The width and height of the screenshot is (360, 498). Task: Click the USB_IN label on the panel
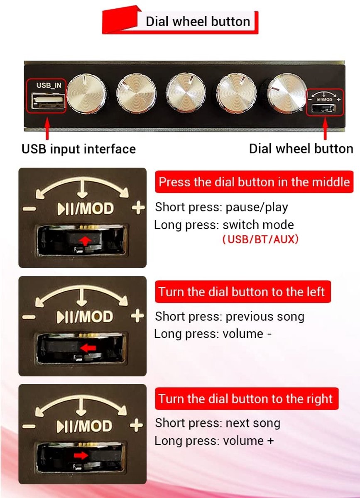coord(49,85)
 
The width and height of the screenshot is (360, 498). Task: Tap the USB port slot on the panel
coord(48,101)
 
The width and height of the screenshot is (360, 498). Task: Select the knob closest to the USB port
coord(86,94)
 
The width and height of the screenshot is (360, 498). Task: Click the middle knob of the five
coord(186,93)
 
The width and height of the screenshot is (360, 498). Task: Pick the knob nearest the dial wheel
coord(287,93)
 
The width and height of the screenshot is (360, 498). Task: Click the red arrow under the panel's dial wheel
coord(325,129)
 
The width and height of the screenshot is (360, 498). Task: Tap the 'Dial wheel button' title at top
coord(198,22)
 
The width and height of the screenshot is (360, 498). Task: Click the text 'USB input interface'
coord(78,149)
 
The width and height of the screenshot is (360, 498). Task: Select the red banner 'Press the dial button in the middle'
coord(254,182)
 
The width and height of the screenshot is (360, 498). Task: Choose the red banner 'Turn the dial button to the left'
coord(243,291)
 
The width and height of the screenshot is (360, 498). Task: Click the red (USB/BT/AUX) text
coord(260,239)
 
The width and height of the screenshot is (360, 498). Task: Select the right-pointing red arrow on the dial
coord(81,456)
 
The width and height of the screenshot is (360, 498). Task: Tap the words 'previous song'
coord(265,317)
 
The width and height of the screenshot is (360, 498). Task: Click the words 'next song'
coord(253,423)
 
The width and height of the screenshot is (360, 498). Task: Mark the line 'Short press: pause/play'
coord(222,207)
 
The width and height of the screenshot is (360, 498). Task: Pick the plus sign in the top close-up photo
coord(138,207)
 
